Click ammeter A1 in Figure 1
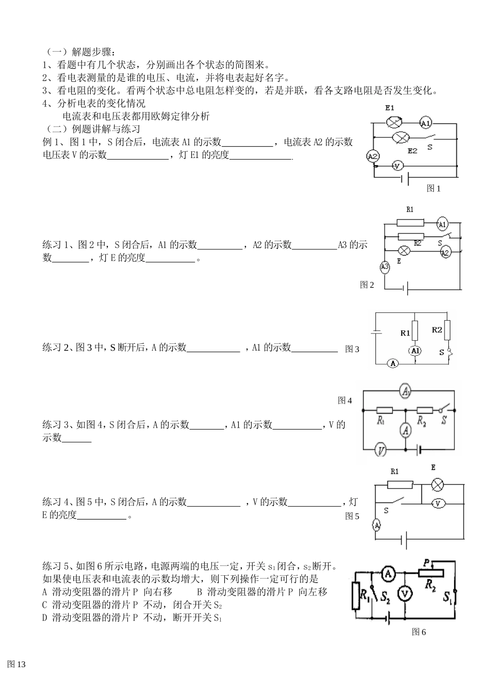click(x=426, y=123)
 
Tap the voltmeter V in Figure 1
click(x=397, y=166)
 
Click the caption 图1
click(x=433, y=188)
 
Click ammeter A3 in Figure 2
click(x=384, y=267)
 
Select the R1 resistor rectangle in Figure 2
click(x=411, y=223)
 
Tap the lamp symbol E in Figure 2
click(x=405, y=251)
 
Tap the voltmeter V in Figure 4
click(x=381, y=450)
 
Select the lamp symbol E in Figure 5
click(x=437, y=484)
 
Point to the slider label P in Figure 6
click(x=426, y=562)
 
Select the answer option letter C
click(x=44, y=605)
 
